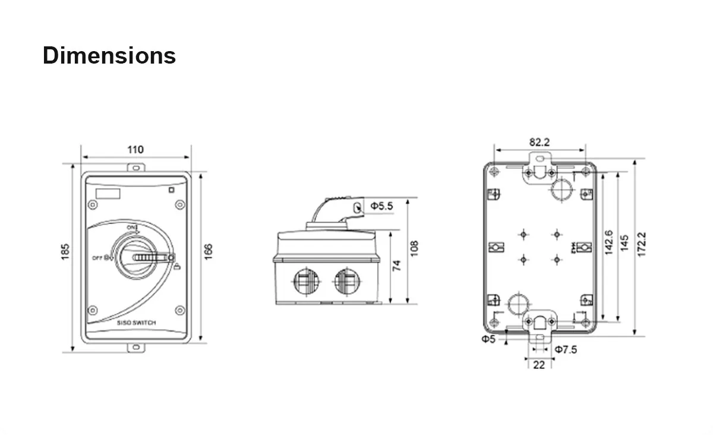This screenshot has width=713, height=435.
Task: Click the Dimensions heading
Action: [x=109, y=55]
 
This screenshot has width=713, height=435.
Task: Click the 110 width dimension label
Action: [x=135, y=149]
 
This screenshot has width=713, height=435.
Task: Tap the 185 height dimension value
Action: [x=66, y=251]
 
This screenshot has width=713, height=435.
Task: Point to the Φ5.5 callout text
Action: [x=381, y=206]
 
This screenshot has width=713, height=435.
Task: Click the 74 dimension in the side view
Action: [x=397, y=264]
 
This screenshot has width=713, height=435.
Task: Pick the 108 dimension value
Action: [x=414, y=248]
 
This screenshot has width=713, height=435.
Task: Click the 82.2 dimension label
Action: [x=540, y=142]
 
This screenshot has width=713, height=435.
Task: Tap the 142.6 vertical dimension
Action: [x=608, y=242]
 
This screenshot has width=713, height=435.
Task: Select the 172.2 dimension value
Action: [x=641, y=244]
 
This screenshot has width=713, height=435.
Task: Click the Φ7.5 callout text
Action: [x=566, y=349]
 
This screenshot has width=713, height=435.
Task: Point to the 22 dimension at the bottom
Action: [x=538, y=365]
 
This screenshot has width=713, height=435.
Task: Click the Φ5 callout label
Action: [x=488, y=339]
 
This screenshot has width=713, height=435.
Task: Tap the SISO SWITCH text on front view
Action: [x=137, y=323]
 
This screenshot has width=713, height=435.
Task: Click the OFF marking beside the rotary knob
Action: [x=98, y=257]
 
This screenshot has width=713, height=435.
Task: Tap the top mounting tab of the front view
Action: [x=135, y=168]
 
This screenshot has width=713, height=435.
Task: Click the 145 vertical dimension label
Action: [x=624, y=242]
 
